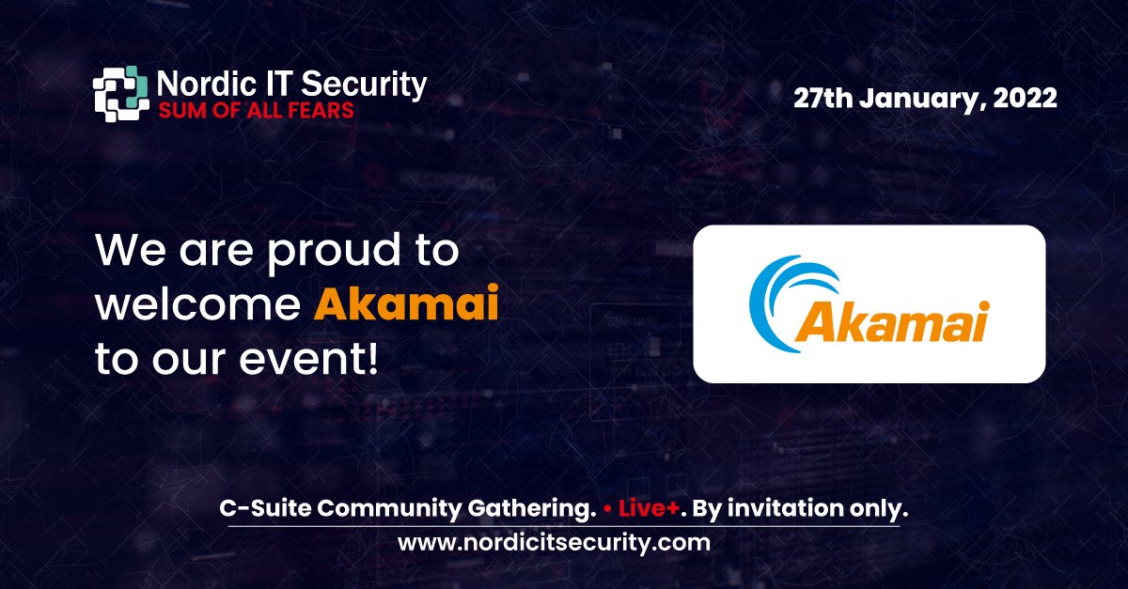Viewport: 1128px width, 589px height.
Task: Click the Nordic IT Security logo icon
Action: click(x=120, y=95)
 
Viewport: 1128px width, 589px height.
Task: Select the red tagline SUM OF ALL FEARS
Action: click(x=255, y=110)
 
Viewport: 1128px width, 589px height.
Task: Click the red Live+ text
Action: click(x=648, y=509)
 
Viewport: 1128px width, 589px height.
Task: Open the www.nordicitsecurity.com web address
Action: click(x=554, y=542)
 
